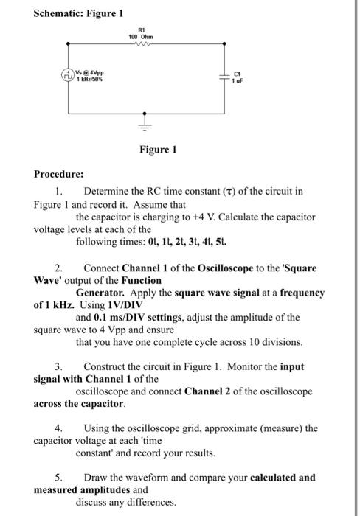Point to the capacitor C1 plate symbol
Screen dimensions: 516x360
click(x=224, y=77)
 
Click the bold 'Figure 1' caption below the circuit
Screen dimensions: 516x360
click(x=158, y=149)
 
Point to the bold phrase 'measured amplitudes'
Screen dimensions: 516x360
click(x=81, y=489)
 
